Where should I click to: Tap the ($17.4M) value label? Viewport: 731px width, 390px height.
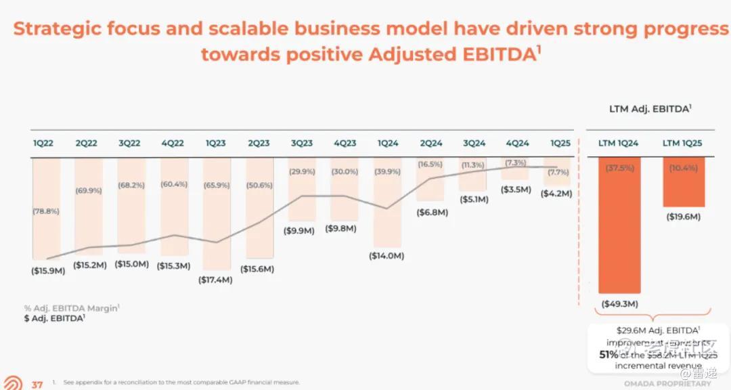tap(216, 280)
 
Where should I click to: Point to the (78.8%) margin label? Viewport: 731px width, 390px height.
tap(45, 211)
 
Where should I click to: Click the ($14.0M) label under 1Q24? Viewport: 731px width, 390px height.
tap(386, 256)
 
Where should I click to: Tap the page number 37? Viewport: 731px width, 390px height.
tap(37, 384)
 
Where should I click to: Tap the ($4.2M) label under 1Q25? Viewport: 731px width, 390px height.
tap(556, 194)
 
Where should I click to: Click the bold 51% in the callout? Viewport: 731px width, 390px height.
tap(607, 354)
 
